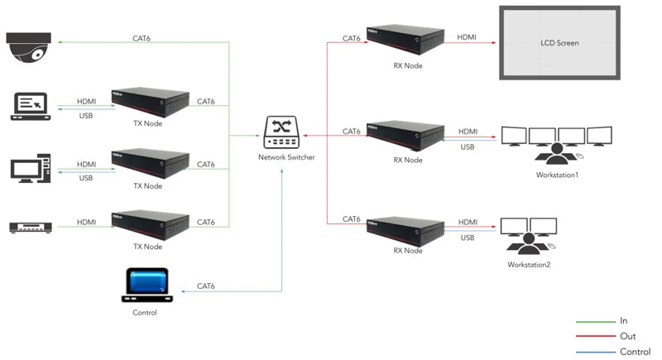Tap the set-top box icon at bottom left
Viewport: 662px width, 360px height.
click(x=31, y=227)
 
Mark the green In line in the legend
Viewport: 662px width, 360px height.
click(x=591, y=320)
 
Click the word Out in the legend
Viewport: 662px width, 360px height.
click(x=627, y=335)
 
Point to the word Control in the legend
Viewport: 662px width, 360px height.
click(x=634, y=352)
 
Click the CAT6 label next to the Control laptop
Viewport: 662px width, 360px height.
click(x=207, y=286)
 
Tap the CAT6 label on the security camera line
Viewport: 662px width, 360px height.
click(x=142, y=38)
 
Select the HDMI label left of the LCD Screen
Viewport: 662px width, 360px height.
click(x=468, y=37)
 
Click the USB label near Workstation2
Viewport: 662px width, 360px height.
click(x=468, y=238)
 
